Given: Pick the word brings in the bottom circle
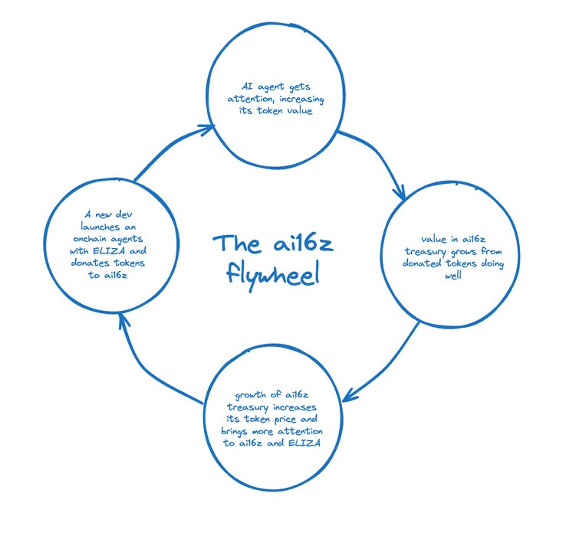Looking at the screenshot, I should [x=225, y=432].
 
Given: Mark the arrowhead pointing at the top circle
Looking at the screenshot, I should [x=205, y=131].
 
